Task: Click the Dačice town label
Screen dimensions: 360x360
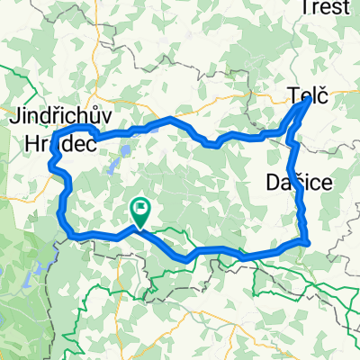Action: point(300,183)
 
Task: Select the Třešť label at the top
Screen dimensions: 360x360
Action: point(326,8)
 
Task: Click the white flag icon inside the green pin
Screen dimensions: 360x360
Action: point(141,210)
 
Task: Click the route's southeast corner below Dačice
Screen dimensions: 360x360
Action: point(308,240)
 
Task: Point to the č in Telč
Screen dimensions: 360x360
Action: point(321,93)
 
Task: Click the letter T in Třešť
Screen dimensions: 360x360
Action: point(306,8)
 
